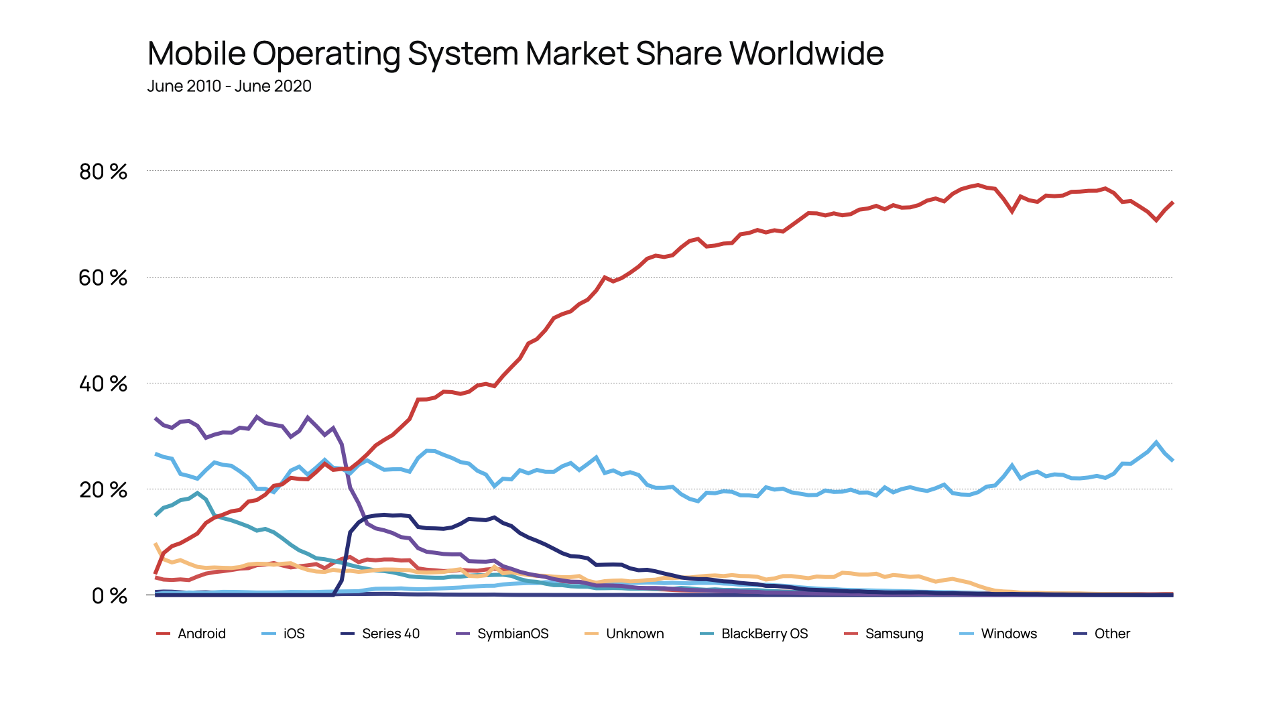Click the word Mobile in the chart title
coord(196,54)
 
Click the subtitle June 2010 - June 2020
coord(229,86)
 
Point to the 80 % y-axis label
coord(103,172)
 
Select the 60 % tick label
coord(103,278)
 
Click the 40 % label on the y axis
coord(103,384)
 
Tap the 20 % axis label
coord(103,490)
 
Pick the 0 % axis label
coord(109,596)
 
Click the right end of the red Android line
coord(1172,202)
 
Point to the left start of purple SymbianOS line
coord(156,418)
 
